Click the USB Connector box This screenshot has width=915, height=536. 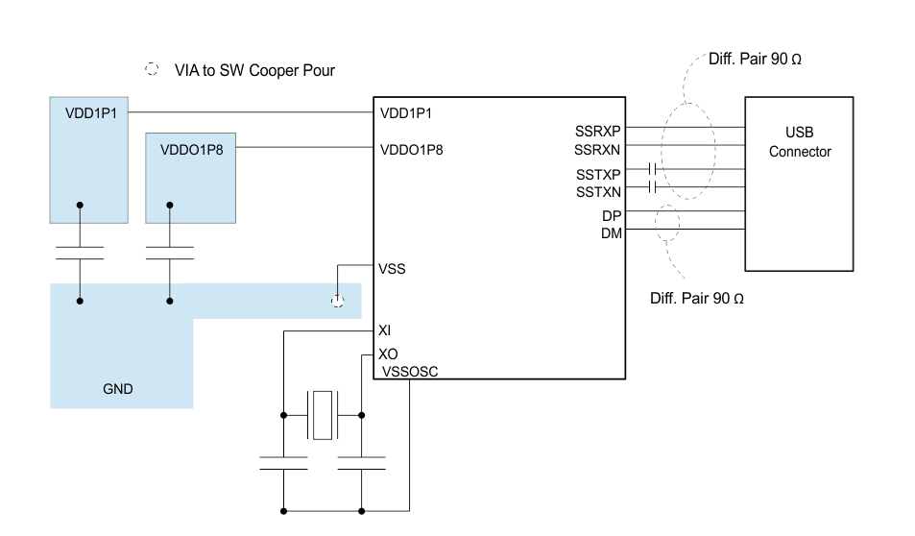799,183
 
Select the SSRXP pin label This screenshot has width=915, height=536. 597,132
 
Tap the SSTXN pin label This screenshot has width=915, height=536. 597,192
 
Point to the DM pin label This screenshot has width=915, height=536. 611,233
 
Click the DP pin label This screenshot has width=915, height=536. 611,216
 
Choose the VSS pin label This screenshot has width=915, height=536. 393,268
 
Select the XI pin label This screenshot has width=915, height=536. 385,330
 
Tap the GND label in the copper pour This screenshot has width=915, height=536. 118,389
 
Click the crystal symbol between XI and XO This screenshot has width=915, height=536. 322,415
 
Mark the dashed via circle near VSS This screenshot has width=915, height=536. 337,301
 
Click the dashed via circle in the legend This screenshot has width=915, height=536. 152,70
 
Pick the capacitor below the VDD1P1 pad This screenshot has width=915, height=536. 80,253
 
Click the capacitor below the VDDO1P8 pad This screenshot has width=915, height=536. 170,253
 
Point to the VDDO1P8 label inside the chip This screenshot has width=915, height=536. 412,149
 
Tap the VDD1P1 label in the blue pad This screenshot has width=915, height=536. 91,113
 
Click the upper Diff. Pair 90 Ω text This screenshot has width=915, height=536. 755,59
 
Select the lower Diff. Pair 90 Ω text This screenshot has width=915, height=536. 697,298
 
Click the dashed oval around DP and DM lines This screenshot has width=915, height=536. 666,223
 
